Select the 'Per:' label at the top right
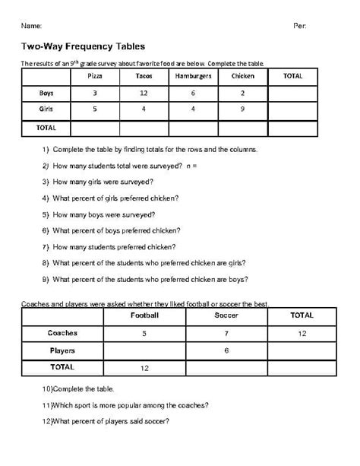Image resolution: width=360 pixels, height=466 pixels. click(299, 26)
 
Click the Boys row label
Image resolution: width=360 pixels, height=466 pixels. click(46, 93)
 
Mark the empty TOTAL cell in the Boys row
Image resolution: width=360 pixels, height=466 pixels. click(293, 93)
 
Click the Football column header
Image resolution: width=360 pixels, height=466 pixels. click(144, 315)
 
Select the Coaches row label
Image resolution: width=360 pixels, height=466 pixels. click(62, 333)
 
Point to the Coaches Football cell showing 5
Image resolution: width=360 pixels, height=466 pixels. click(144, 333)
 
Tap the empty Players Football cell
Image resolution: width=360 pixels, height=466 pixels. click(144, 350)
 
